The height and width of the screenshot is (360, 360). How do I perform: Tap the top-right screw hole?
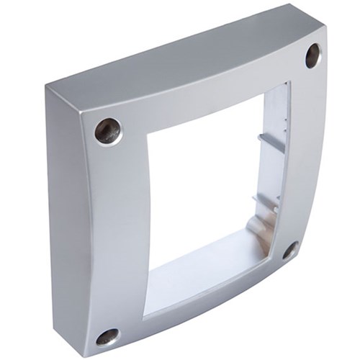tap(313, 55)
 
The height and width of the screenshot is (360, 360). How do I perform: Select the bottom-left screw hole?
tap(107, 336)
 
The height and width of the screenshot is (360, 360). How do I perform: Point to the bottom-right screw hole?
tap(289, 251)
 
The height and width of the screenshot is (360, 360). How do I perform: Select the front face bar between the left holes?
tap(115, 230)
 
